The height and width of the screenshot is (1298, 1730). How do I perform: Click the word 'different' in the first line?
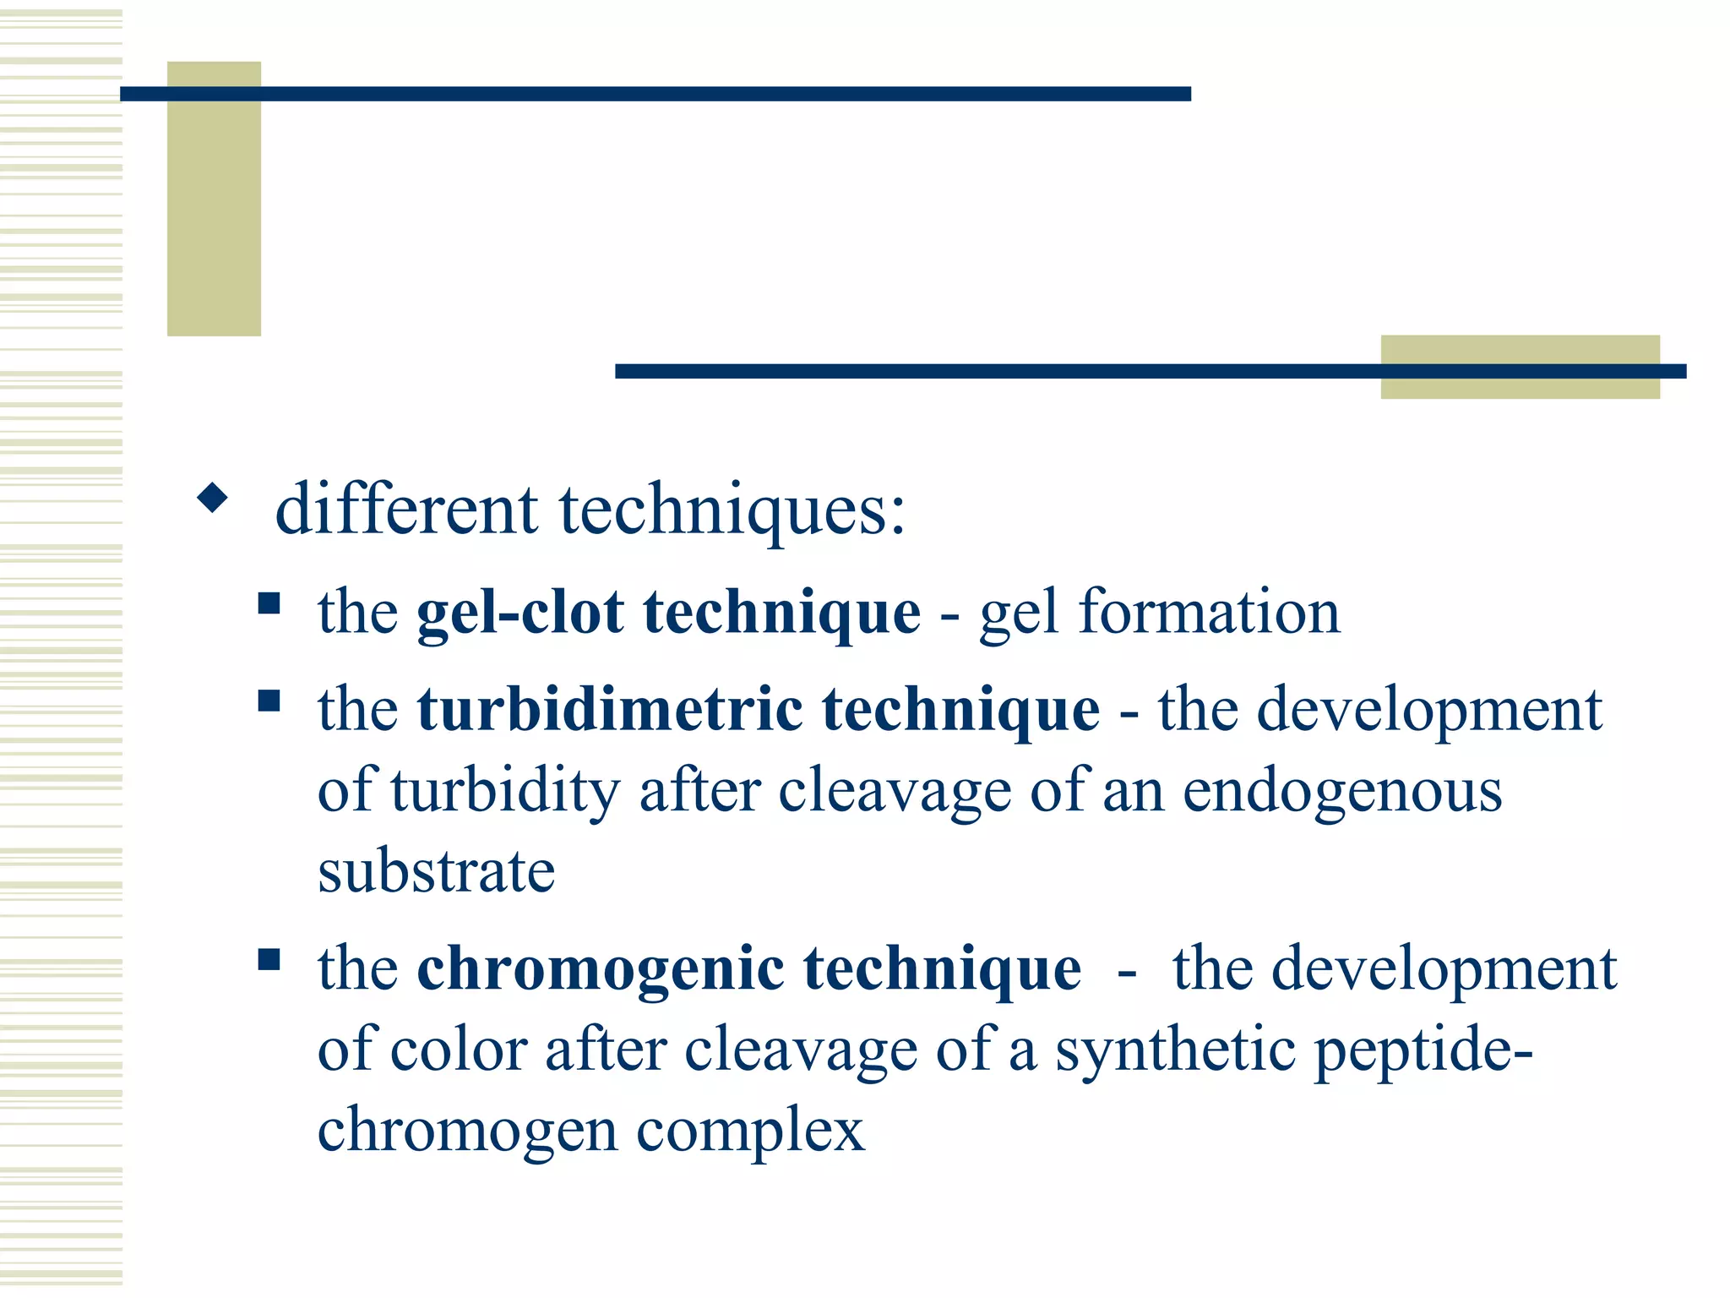pyautogui.click(x=406, y=510)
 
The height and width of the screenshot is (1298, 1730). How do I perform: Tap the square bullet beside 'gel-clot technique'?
pyautogui.click(x=269, y=603)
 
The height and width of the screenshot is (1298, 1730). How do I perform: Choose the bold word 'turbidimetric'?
pyautogui.click(x=609, y=709)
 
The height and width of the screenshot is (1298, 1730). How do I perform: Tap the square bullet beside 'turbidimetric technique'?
pyautogui.click(x=269, y=701)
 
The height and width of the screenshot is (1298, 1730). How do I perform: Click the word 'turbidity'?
pyautogui.click(x=506, y=791)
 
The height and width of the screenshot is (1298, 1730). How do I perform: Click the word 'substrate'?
pyautogui.click(x=436, y=871)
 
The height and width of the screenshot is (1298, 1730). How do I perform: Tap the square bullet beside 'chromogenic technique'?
pyautogui.click(x=269, y=959)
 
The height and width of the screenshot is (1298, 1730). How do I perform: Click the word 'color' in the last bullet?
pyautogui.click(x=459, y=1050)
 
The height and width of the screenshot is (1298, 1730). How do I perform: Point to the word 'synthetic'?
pyautogui.click(x=1175, y=1051)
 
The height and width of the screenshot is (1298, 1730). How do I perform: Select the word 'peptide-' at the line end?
pyautogui.click(x=1423, y=1051)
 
